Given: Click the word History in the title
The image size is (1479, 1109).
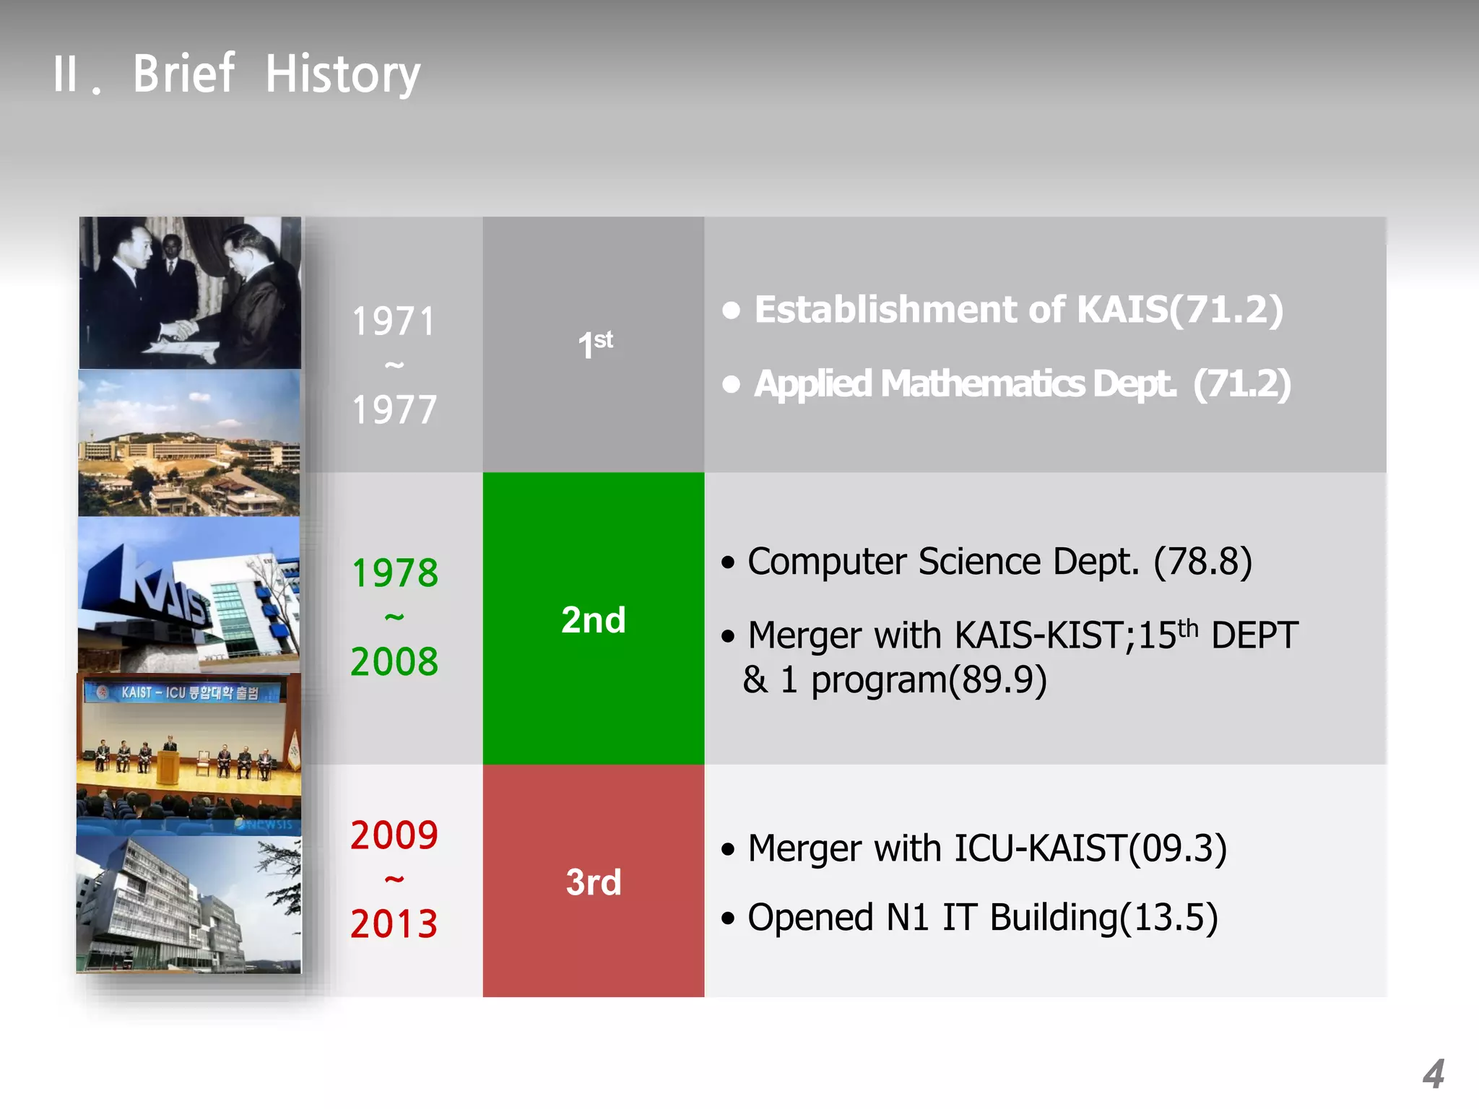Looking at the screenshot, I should coord(342,74).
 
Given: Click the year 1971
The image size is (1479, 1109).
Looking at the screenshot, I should coord(394,321).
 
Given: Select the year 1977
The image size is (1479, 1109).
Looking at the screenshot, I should coord(394,410).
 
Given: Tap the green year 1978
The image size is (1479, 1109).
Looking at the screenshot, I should coord(394,573).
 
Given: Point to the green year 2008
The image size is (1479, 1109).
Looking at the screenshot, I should coord(394,661).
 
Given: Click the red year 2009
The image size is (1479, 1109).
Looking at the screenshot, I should coord(394,835).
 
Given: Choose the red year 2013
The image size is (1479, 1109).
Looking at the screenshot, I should coord(394,924).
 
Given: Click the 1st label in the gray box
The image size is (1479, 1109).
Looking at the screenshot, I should coord(594,344).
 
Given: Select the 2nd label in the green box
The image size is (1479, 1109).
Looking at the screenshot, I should coord(593,619).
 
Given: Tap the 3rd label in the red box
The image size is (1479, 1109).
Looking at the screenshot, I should coord(593,882).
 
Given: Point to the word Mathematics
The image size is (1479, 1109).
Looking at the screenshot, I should coord(982,383).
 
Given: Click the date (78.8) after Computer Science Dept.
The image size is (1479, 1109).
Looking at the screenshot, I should coord(1202,562).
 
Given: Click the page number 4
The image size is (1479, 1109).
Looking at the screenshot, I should coord(1433,1074).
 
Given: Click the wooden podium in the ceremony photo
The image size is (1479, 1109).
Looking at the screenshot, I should coord(168,768).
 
